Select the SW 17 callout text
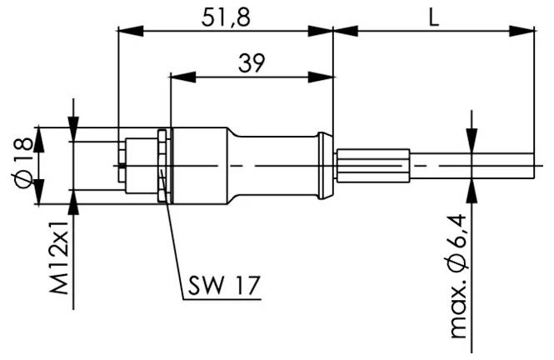pos(221,287)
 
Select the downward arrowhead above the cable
pos(472,142)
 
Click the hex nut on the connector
pos(163,165)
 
